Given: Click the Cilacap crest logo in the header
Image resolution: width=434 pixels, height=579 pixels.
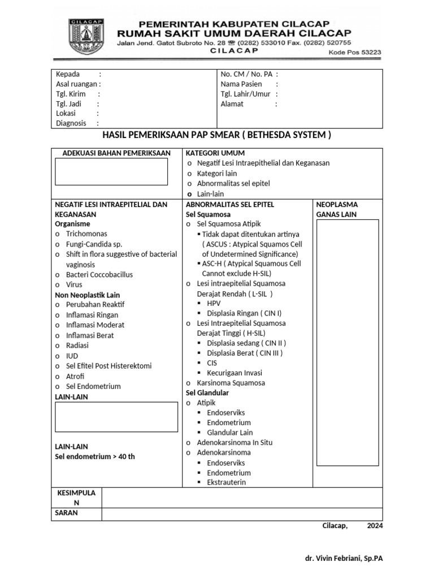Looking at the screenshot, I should tap(86, 37).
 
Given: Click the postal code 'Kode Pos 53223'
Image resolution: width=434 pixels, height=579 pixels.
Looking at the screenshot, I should tap(354, 52).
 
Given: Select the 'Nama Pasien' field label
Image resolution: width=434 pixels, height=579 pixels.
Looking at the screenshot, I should tap(241, 84).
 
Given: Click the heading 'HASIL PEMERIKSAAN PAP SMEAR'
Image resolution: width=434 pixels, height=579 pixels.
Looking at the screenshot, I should tap(216, 135).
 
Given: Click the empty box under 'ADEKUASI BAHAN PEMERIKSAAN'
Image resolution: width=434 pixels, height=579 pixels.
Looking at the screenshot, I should tap(111, 171).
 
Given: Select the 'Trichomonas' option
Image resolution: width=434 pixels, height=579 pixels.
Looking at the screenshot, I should tap(86, 234).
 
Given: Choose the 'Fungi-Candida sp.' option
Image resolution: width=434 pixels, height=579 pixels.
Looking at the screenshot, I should tap(94, 244).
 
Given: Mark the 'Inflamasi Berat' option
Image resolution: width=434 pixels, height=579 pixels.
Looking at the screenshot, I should tap(89, 335).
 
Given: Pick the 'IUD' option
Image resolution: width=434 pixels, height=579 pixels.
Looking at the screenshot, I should tap(71, 356).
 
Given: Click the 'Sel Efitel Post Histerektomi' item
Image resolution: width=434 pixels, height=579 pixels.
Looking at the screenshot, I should tap(108, 366).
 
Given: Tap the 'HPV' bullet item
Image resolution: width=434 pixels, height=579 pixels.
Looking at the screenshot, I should tap(213, 303).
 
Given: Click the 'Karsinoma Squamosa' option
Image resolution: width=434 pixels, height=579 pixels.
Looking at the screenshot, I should tap(231, 383).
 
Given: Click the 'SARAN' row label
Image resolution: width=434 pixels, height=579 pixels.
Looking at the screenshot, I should tap(66, 513).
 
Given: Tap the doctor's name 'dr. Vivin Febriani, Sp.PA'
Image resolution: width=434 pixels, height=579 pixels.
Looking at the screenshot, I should tap(344, 558).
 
